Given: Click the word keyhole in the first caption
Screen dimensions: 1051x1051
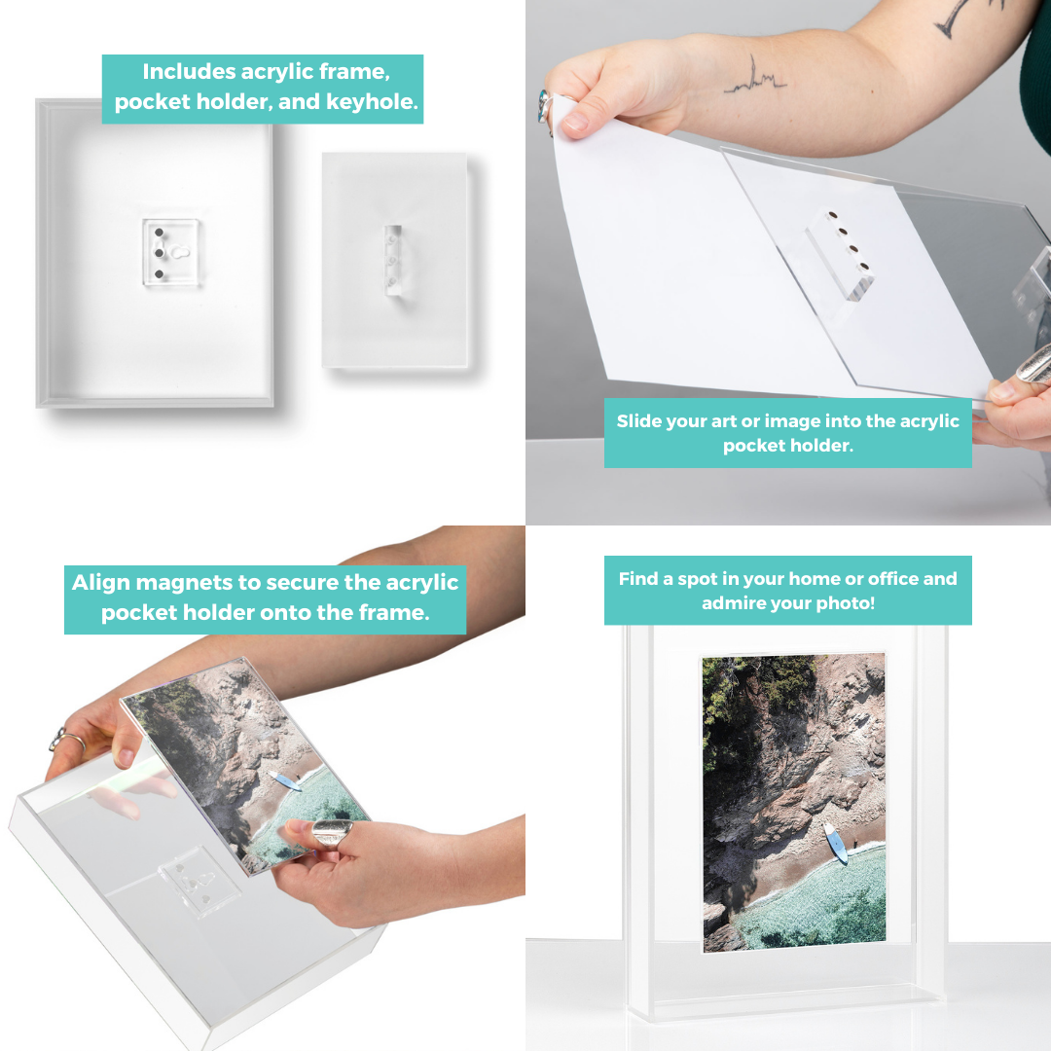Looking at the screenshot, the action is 371,102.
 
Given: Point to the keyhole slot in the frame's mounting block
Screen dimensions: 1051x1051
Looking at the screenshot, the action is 180,252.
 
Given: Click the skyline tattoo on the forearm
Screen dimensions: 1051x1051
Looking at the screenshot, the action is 755,79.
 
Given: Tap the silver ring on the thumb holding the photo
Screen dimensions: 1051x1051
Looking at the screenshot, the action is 332,833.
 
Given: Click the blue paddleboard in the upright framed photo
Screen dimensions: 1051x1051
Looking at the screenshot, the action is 836,843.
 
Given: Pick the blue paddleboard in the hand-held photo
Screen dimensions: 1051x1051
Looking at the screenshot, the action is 285,780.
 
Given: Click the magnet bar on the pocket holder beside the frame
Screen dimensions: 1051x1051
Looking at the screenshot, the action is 393,260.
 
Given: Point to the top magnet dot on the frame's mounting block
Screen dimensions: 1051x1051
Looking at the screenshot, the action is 159,233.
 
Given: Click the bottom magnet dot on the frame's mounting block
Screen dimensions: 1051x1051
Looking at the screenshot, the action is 159,274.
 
